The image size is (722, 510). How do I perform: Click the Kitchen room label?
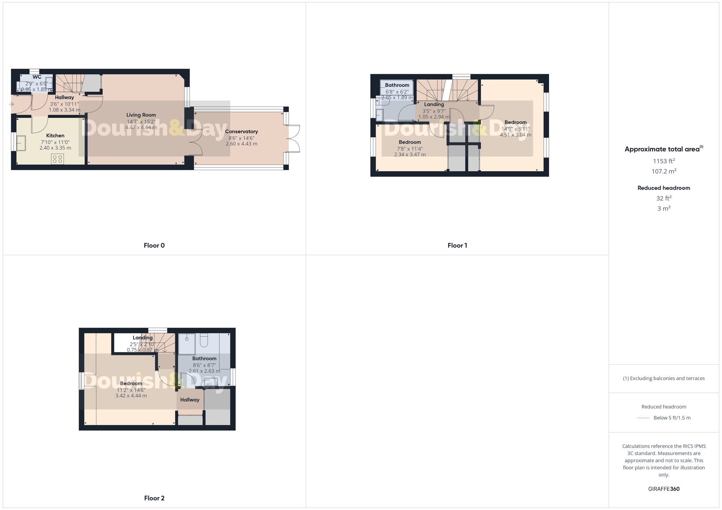click(x=55, y=136)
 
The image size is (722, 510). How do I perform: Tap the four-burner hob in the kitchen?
click(x=57, y=159)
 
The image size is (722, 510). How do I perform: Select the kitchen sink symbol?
click(x=21, y=143)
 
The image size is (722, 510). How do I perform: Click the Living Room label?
click(x=141, y=115)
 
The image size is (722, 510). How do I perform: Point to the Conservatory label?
click(x=242, y=132)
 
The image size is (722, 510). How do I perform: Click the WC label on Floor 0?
click(x=37, y=77)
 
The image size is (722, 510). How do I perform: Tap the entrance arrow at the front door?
click(x=11, y=105)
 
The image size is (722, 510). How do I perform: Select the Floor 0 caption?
click(x=154, y=245)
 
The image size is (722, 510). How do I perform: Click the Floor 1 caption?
click(x=457, y=245)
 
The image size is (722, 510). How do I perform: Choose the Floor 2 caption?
click(x=154, y=498)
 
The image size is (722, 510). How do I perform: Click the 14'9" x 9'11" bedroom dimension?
click(x=516, y=129)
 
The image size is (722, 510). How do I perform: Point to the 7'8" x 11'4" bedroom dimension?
click(x=410, y=148)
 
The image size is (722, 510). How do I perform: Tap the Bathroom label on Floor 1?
click(x=397, y=85)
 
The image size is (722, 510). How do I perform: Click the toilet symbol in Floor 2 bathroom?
click(x=204, y=340)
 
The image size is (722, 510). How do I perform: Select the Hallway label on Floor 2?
click(x=190, y=400)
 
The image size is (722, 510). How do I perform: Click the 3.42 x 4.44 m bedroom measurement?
click(x=131, y=396)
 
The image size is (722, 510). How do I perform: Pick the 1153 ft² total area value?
click(x=664, y=161)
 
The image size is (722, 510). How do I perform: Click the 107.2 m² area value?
click(x=664, y=172)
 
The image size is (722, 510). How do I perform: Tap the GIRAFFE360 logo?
click(x=664, y=489)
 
